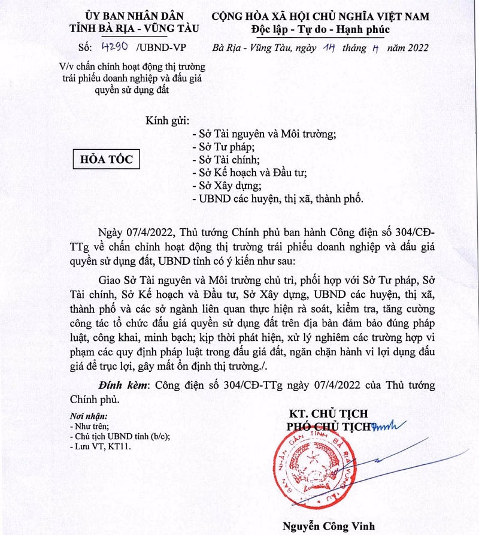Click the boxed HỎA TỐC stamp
coord(107,159)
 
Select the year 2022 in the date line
coord(413,49)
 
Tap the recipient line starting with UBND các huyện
coord(277,198)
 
